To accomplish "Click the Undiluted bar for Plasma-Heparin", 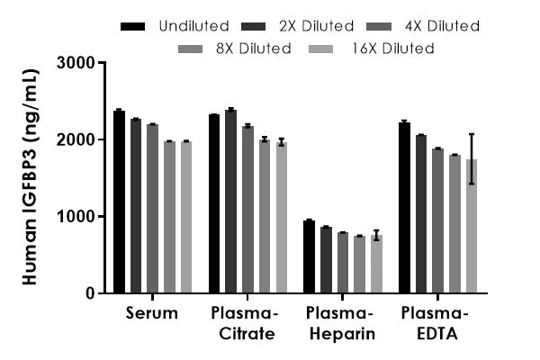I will click(x=310, y=256).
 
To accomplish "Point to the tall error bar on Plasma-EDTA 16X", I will click(x=472, y=158).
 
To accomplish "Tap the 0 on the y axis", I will click(x=91, y=293).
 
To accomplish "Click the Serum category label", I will click(x=153, y=314).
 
